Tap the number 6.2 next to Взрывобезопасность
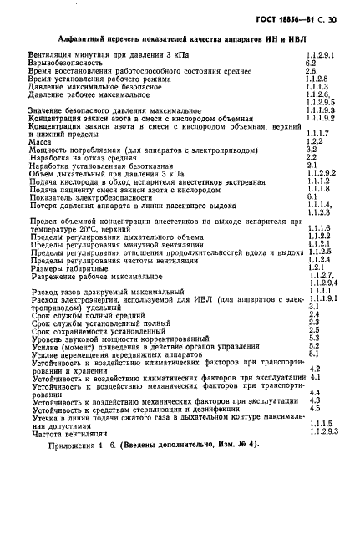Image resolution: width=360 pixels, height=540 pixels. click(x=310, y=63)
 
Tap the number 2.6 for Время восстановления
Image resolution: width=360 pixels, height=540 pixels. click(x=310, y=70)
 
